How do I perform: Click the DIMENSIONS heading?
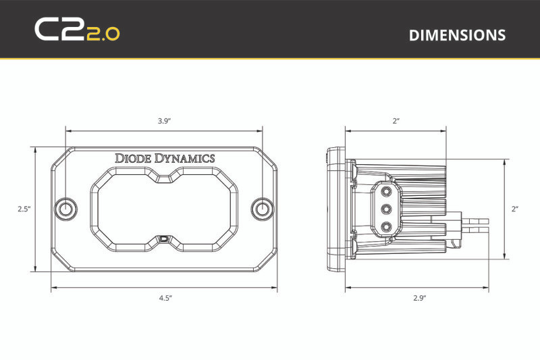pos(457,35)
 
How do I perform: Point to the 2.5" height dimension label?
pos(24,209)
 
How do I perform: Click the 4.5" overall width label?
pos(165,297)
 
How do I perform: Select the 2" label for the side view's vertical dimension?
pos(514,209)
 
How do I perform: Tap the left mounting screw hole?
pos(65,209)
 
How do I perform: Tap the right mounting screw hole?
pos(262,209)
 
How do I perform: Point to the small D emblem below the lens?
pos(165,238)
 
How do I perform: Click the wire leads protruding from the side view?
pos(475,220)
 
